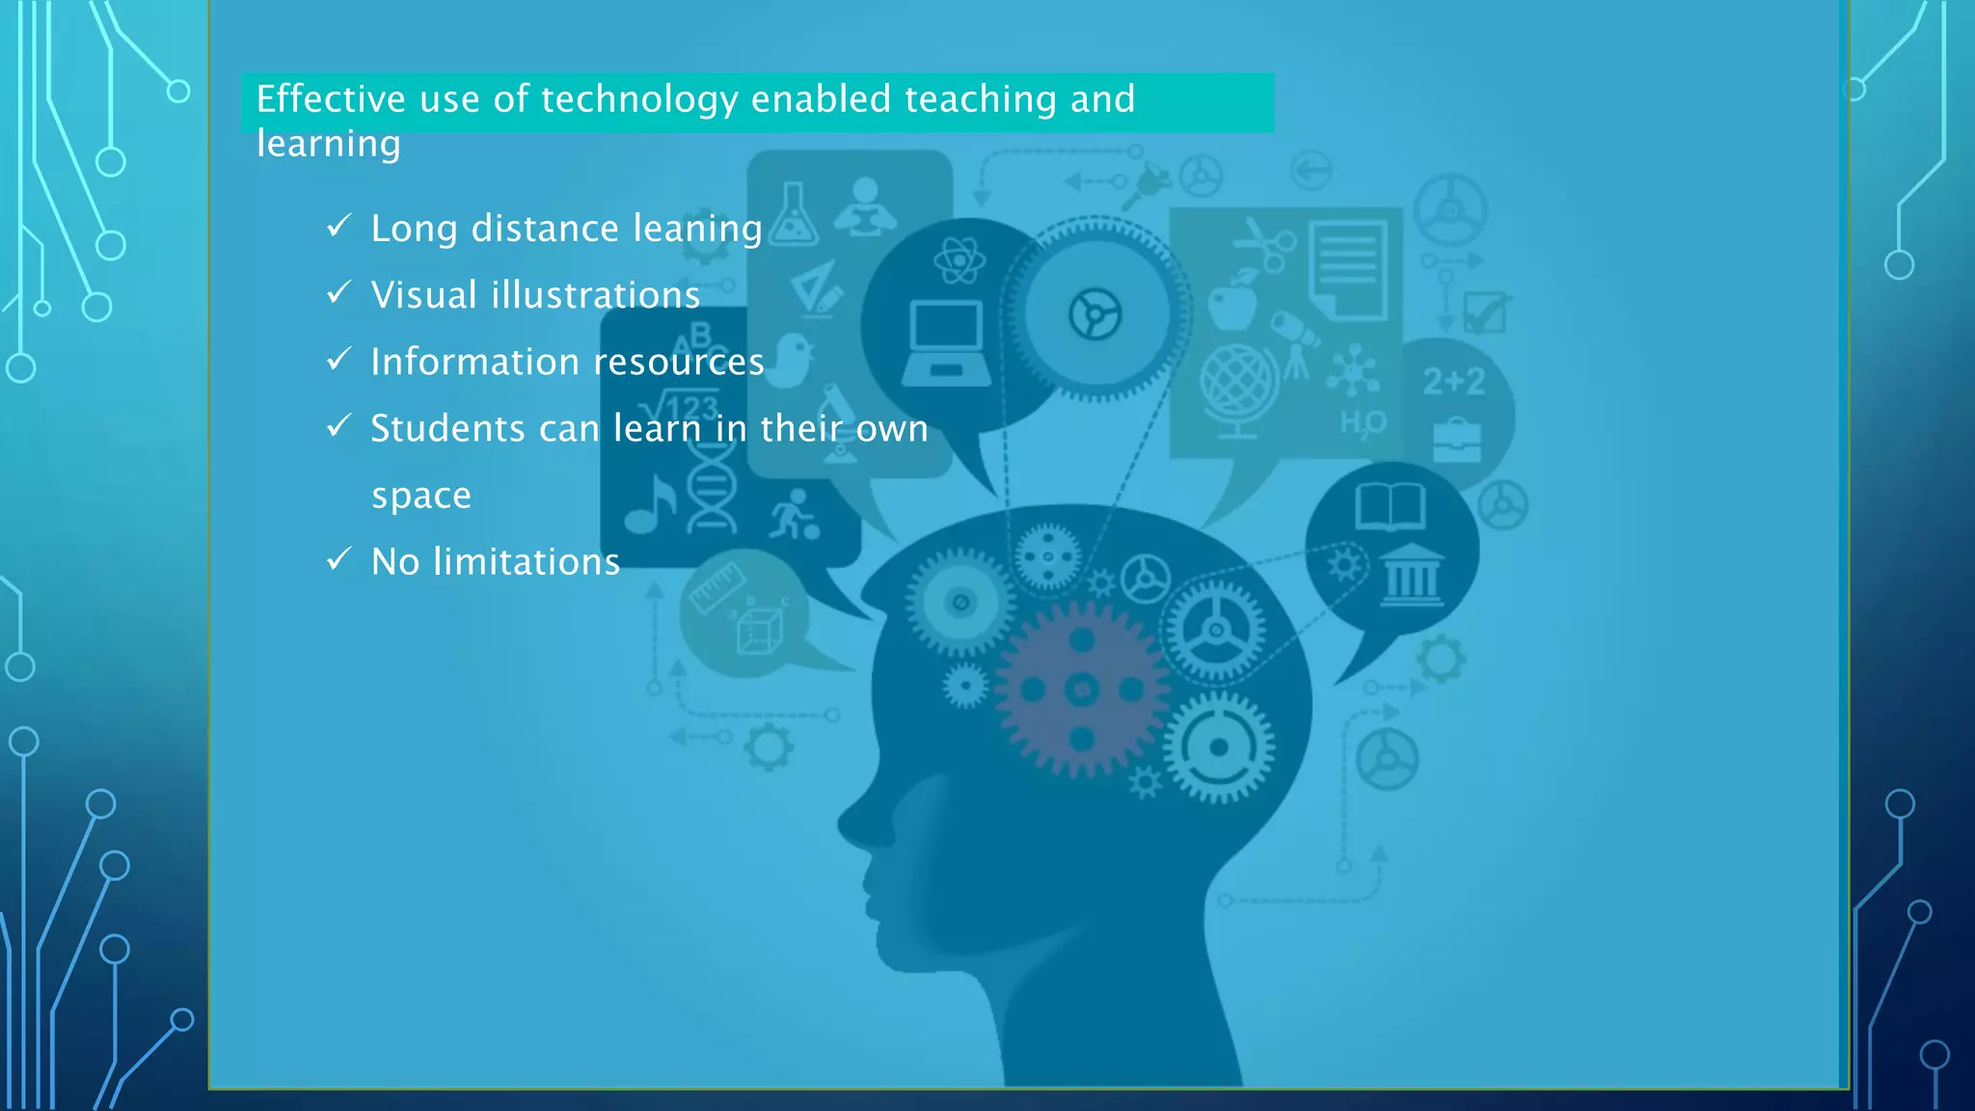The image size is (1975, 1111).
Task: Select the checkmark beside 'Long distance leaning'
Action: click(x=338, y=227)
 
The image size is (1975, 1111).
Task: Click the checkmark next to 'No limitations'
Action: click(x=338, y=559)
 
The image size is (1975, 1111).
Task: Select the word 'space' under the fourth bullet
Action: click(x=421, y=496)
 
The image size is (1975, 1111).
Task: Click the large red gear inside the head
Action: click(x=1082, y=690)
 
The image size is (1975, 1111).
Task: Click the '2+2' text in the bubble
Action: click(x=1454, y=382)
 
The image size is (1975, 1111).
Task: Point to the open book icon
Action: click(x=1390, y=506)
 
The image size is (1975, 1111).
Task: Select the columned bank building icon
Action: click(x=1412, y=575)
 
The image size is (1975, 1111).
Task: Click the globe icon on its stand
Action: click(x=1238, y=390)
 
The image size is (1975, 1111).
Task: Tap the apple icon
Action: click(x=1232, y=301)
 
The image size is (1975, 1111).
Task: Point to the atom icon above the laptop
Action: click(x=959, y=260)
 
